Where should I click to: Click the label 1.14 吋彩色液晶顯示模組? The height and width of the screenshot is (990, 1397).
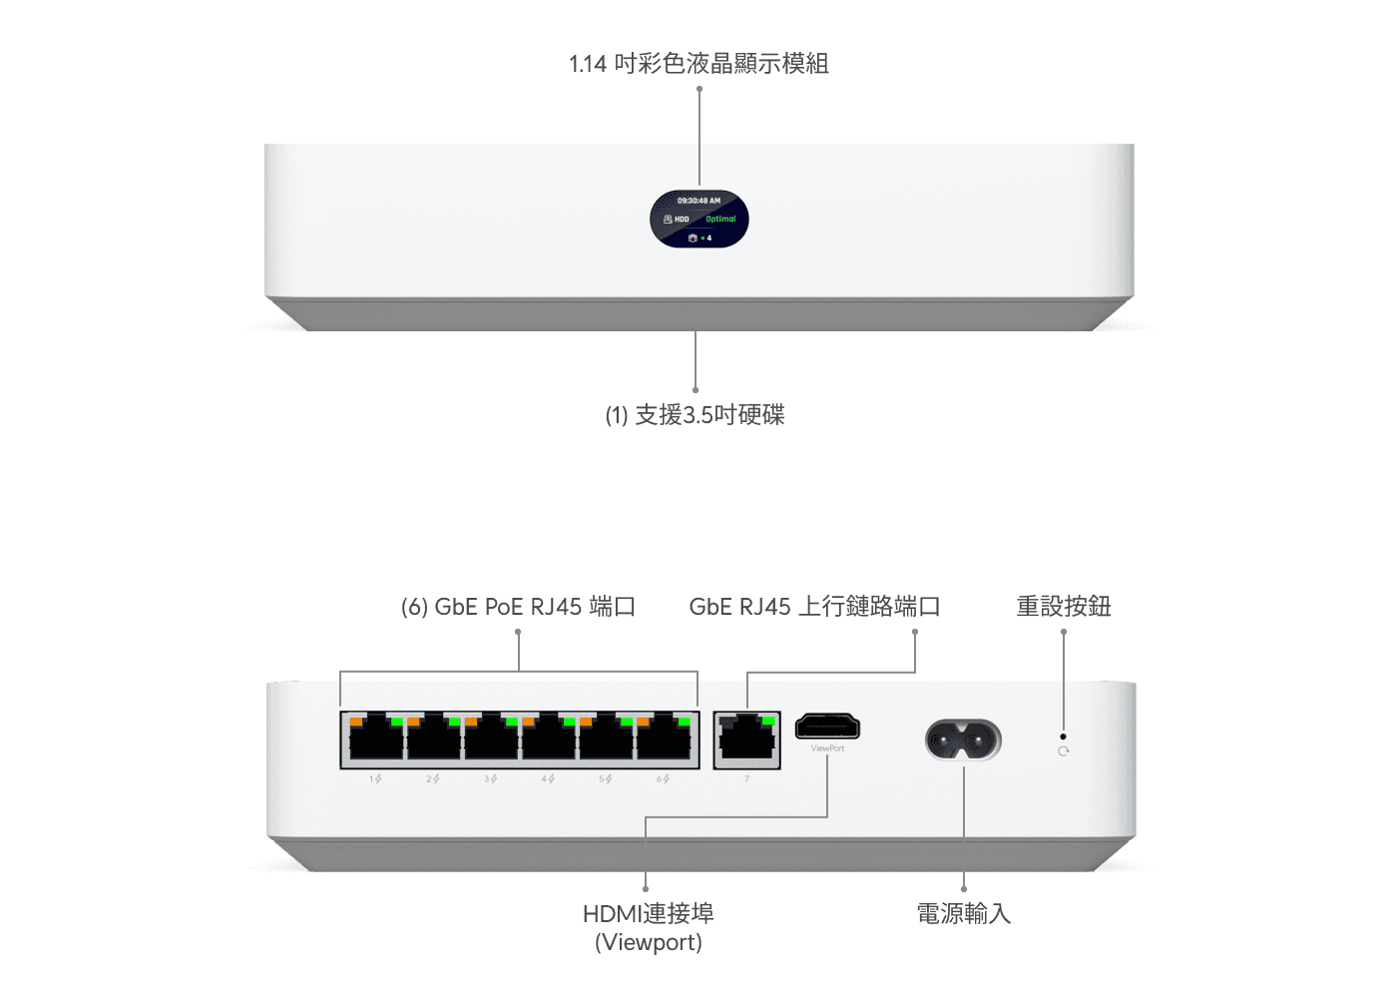(698, 64)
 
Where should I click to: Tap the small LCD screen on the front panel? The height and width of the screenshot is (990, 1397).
(699, 219)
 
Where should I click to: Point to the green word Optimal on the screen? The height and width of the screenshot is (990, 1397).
(720, 219)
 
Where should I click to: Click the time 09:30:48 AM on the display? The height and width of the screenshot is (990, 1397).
(698, 201)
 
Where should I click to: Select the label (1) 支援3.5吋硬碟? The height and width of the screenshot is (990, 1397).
(696, 415)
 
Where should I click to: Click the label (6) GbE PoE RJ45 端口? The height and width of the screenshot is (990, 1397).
(518, 607)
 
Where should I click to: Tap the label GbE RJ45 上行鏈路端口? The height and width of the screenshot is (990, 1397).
(814, 607)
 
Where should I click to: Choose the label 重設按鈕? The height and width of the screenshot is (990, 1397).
(1064, 607)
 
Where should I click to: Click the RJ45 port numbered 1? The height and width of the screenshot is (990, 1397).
(376, 741)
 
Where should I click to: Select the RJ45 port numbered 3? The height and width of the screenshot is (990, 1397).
(491, 741)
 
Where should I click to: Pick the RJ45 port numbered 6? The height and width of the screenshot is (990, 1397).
(664, 741)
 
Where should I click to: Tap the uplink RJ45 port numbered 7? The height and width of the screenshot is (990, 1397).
(746, 741)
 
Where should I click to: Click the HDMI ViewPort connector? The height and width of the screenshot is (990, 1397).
(827, 728)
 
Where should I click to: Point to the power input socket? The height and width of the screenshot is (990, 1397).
(963, 740)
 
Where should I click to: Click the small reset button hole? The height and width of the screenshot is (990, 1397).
(1063, 737)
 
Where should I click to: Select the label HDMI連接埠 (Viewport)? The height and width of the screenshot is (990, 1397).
(649, 927)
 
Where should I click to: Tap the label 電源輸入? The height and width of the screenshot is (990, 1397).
(964, 913)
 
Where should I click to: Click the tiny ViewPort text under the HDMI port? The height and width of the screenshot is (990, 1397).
(827, 748)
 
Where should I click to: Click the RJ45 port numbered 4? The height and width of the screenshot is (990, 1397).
(549, 741)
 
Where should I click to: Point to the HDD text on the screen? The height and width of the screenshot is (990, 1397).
(682, 220)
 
